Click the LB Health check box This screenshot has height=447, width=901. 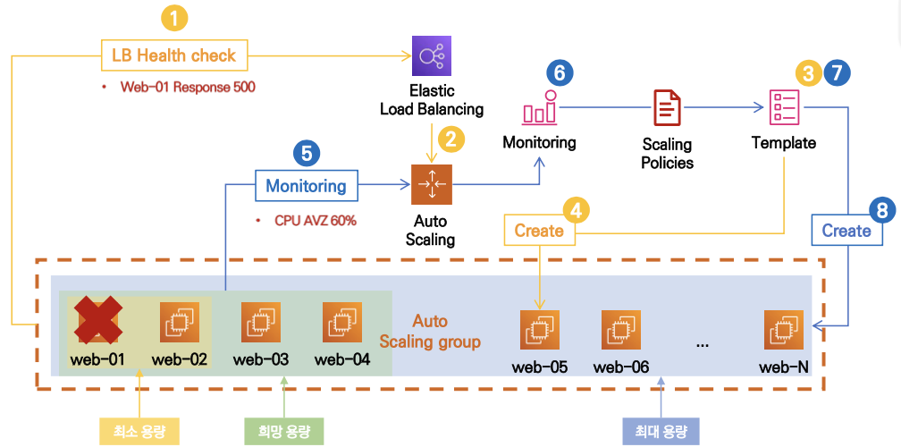173,55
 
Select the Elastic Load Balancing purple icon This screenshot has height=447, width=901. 432,55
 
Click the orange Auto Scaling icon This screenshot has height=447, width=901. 432,184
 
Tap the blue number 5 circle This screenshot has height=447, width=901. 307,153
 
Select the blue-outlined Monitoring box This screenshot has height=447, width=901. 307,186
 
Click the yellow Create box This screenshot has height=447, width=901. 539,231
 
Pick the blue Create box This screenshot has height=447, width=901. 846,231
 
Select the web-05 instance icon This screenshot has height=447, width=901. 540,330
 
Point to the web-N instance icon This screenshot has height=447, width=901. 784,330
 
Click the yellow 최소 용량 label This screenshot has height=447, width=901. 141,431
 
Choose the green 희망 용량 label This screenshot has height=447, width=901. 284,431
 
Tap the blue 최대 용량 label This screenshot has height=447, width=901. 661,431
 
